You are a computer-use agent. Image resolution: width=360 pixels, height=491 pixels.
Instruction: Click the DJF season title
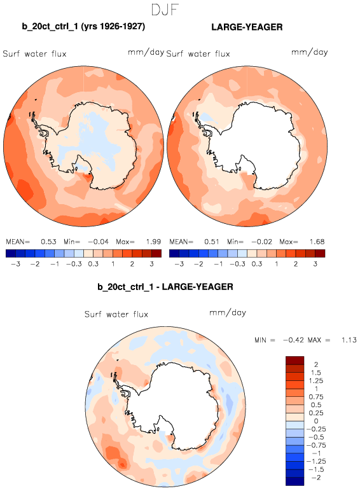[x=165, y=10]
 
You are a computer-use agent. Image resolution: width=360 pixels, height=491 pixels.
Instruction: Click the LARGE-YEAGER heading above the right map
[x=247, y=27]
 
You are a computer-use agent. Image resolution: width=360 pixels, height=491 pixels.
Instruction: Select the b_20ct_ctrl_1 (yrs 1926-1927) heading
[x=83, y=27]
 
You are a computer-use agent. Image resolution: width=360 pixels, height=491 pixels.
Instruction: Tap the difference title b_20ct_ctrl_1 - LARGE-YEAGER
[x=165, y=287]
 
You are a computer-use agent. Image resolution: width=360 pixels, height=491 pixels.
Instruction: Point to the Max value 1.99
[x=153, y=242]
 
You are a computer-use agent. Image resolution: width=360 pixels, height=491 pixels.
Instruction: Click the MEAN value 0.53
[x=48, y=242]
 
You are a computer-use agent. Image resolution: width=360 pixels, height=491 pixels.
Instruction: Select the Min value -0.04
[x=98, y=242]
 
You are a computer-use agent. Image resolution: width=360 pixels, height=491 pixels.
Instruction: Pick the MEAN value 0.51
[x=212, y=242]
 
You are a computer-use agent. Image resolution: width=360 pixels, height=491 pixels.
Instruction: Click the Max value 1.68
[x=317, y=242]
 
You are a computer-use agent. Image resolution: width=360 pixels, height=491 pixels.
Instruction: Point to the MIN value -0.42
[x=293, y=340]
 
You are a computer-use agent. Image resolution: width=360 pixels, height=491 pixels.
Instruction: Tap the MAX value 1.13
[x=349, y=340]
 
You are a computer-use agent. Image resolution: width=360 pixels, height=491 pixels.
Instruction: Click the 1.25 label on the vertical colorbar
[x=316, y=381]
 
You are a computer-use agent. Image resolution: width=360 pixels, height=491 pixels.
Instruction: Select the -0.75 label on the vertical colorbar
[x=316, y=445]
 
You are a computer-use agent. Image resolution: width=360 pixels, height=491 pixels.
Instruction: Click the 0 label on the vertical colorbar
[x=316, y=421]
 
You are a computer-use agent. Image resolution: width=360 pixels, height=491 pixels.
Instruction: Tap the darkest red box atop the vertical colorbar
[x=294, y=361]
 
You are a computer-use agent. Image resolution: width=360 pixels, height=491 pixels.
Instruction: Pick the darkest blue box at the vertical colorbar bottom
[x=294, y=481]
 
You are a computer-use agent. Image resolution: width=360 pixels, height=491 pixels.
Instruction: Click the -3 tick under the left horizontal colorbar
[x=16, y=264]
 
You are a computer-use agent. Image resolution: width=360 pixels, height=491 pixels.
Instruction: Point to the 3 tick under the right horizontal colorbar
[x=315, y=264]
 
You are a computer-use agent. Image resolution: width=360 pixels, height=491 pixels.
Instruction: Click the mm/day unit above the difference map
[x=228, y=313]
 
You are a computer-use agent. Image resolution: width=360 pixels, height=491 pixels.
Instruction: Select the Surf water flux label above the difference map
[x=116, y=314]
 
